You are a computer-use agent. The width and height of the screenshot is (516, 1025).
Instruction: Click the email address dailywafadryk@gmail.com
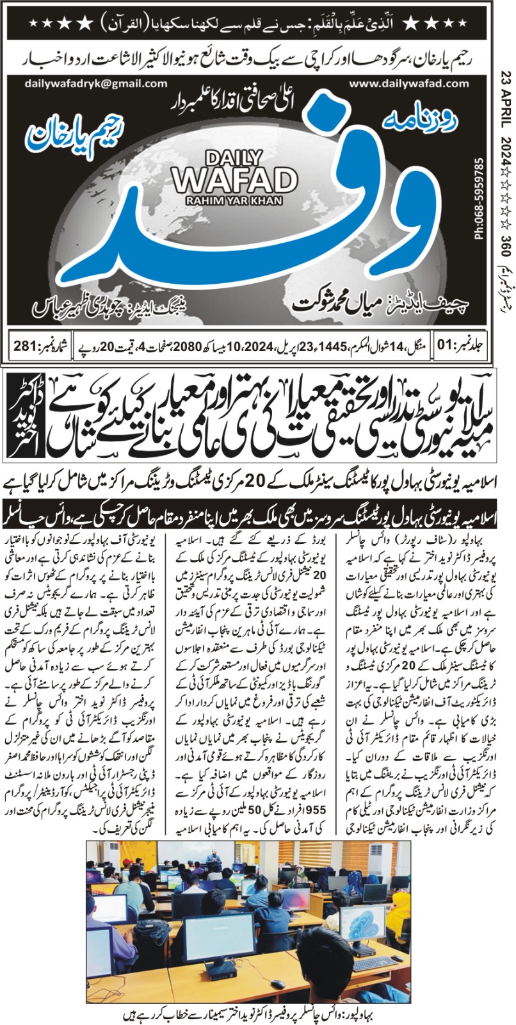(97, 83)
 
